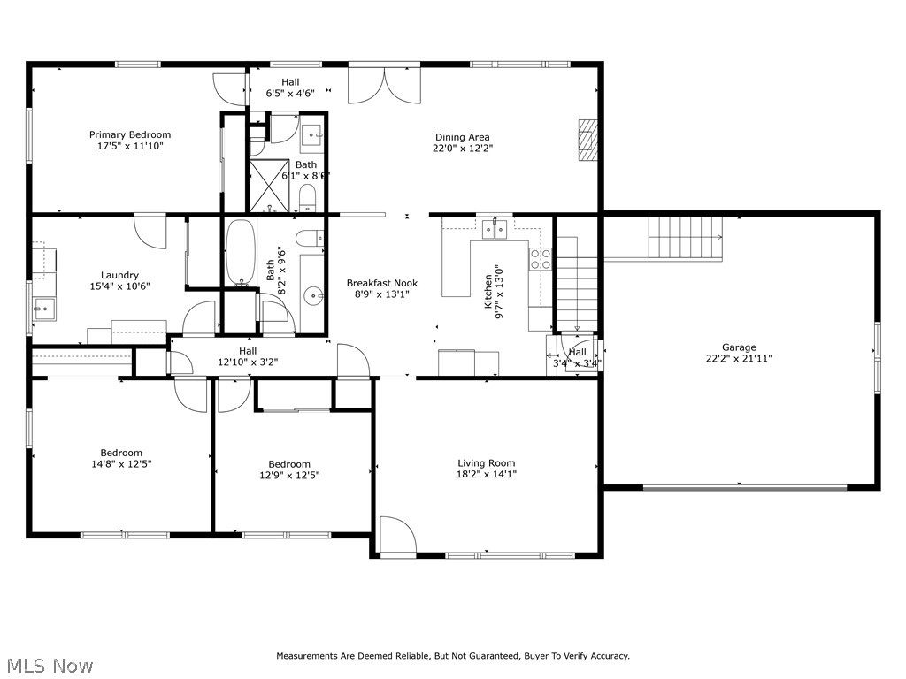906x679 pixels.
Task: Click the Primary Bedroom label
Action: pos(130,134)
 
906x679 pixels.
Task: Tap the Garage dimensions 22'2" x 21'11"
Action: pos(739,358)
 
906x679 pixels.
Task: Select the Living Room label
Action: pos(487,463)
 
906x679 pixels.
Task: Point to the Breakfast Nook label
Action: pos(382,283)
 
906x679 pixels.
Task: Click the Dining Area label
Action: pos(462,137)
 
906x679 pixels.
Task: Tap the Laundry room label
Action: pos(119,276)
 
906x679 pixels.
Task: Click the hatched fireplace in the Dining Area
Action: pos(587,140)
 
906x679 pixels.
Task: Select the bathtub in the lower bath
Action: pos(240,252)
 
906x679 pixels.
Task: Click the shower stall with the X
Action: pos(269,186)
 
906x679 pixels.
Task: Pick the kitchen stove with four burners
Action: pos(541,259)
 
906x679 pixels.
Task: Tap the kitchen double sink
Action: pos(495,229)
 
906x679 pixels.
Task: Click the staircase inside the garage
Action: pos(686,237)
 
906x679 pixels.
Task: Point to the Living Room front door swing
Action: pos(397,535)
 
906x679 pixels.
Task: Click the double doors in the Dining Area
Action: pos(384,86)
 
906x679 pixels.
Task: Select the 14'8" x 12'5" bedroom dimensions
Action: pos(121,463)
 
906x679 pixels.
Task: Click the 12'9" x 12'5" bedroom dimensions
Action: pos(289,475)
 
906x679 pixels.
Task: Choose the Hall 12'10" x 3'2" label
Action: pos(248,356)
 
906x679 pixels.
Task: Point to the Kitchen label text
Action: pos(488,291)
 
